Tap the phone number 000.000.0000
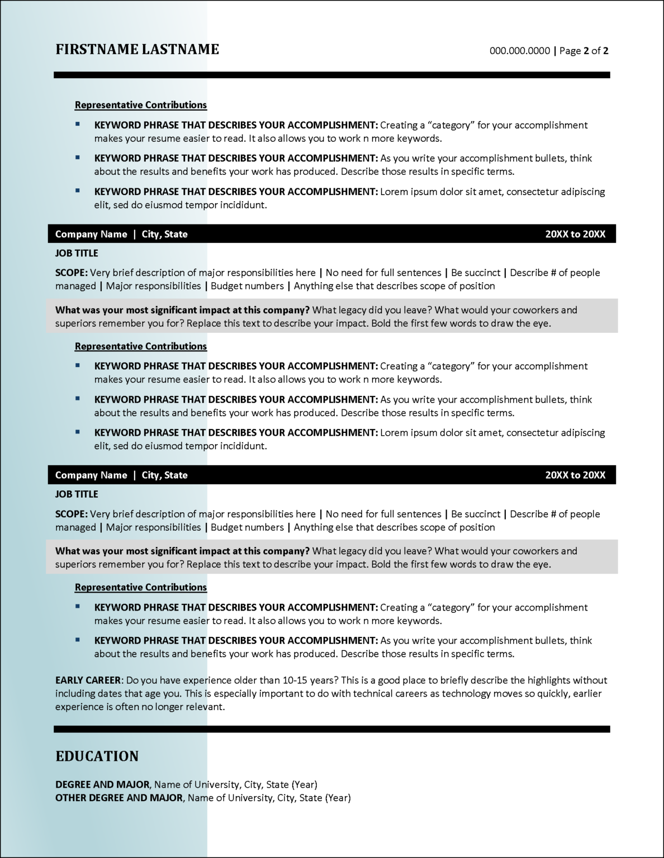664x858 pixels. point(520,51)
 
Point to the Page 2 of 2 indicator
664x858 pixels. point(584,51)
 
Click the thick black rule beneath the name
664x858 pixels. point(332,75)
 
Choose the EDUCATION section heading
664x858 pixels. point(97,756)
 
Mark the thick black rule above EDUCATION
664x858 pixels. point(332,729)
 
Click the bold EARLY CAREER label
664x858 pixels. point(88,680)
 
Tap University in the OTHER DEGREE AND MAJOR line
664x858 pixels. point(251,798)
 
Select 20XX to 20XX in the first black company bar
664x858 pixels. point(575,235)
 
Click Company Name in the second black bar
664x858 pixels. point(91,475)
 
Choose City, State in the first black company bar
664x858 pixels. point(164,235)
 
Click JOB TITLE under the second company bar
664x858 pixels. point(77,494)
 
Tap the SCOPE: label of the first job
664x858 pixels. point(72,273)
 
